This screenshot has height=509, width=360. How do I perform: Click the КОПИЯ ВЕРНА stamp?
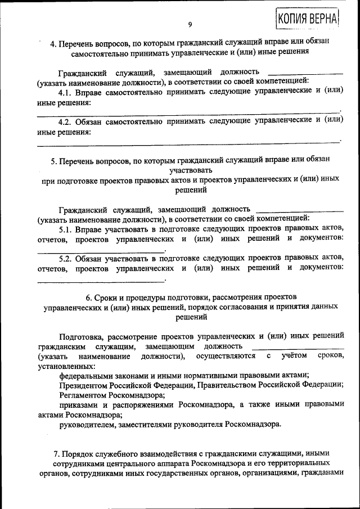point(307,18)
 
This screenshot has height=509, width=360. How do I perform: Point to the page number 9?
point(190,24)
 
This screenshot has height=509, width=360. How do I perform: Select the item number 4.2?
point(67,120)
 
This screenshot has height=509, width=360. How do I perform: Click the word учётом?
point(293,356)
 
